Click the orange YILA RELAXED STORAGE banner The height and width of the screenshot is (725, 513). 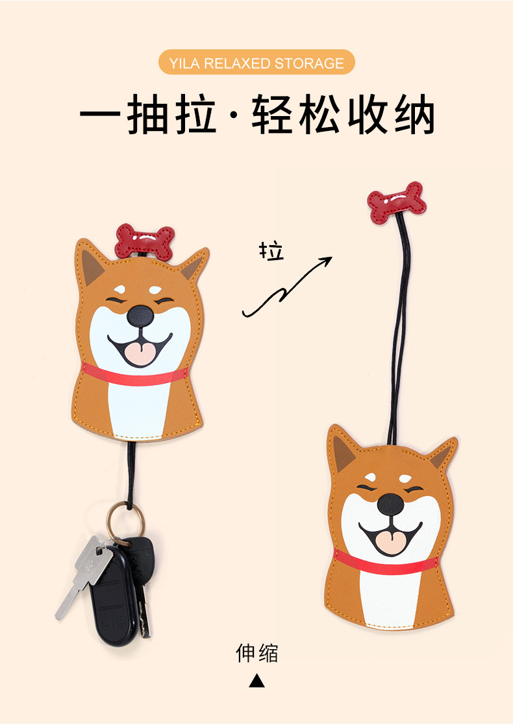pyautogui.click(x=256, y=63)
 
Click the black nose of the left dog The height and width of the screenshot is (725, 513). pyautogui.click(x=140, y=316)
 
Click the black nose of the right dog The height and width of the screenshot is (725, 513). pyautogui.click(x=391, y=503)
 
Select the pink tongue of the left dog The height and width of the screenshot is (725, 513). pyautogui.click(x=140, y=353)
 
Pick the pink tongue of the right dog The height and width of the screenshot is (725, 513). pyautogui.click(x=392, y=542)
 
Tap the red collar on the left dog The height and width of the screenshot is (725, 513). pyautogui.click(x=135, y=375)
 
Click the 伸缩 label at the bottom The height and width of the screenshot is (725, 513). pyautogui.click(x=256, y=653)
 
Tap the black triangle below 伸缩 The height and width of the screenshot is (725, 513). pyautogui.click(x=257, y=681)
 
